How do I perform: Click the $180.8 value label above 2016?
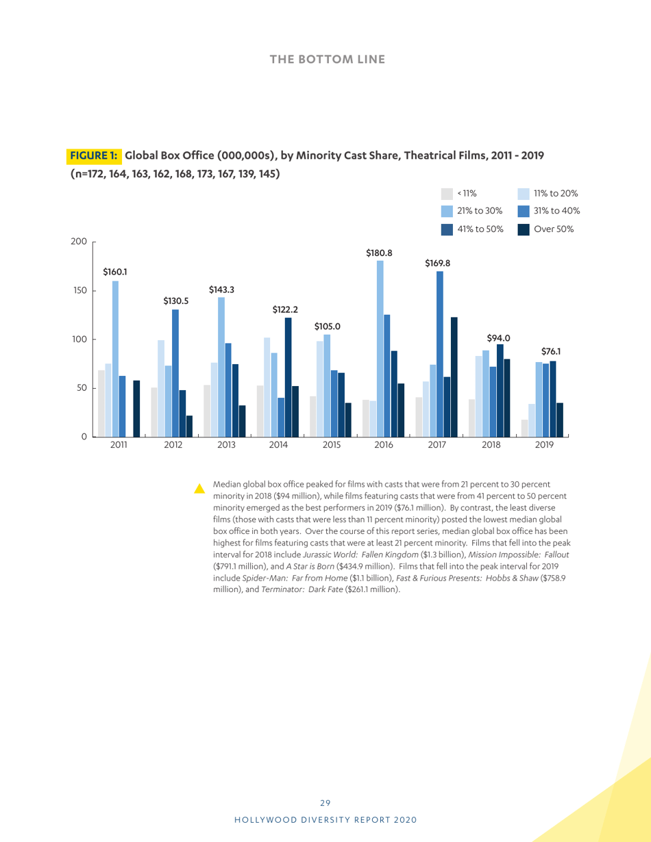pyautogui.click(x=379, y=253)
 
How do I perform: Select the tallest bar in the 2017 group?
pyautogui.click(x=439, y=353)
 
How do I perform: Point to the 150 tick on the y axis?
pyautogui.click(x=81, y=290)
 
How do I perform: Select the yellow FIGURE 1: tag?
pyautogui.click(x=94, y=155)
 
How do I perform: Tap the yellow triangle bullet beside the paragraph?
pyautogui.click(x=199, y=488)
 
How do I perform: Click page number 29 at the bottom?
pyautogui.click(x=325, y=803)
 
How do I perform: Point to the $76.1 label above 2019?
pyautogui.click(x=552, y=351)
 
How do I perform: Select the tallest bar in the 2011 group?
pyautogui.click(x=115, y=358)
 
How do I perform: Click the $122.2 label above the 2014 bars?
pyautogui.click(x=284, y=309)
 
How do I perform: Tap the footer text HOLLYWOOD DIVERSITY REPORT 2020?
pyautogui.click(x=325, y=819)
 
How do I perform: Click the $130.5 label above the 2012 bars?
pyautogui.click(x=176, y=300)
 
